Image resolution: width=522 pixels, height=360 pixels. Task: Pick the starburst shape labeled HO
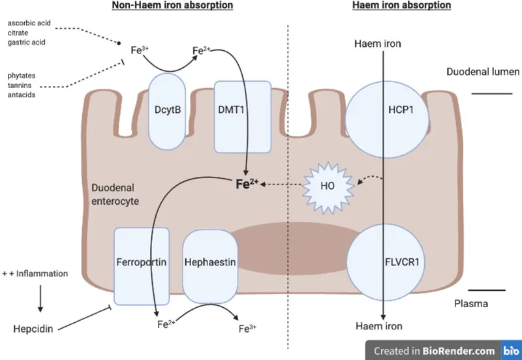click(329, 185)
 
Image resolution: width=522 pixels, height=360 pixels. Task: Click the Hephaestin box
click(209, 262)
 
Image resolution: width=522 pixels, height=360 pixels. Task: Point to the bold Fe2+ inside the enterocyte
click(246, 185)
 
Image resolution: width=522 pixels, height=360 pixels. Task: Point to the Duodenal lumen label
click(483, 72)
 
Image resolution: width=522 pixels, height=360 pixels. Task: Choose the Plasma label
click(470, 303)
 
